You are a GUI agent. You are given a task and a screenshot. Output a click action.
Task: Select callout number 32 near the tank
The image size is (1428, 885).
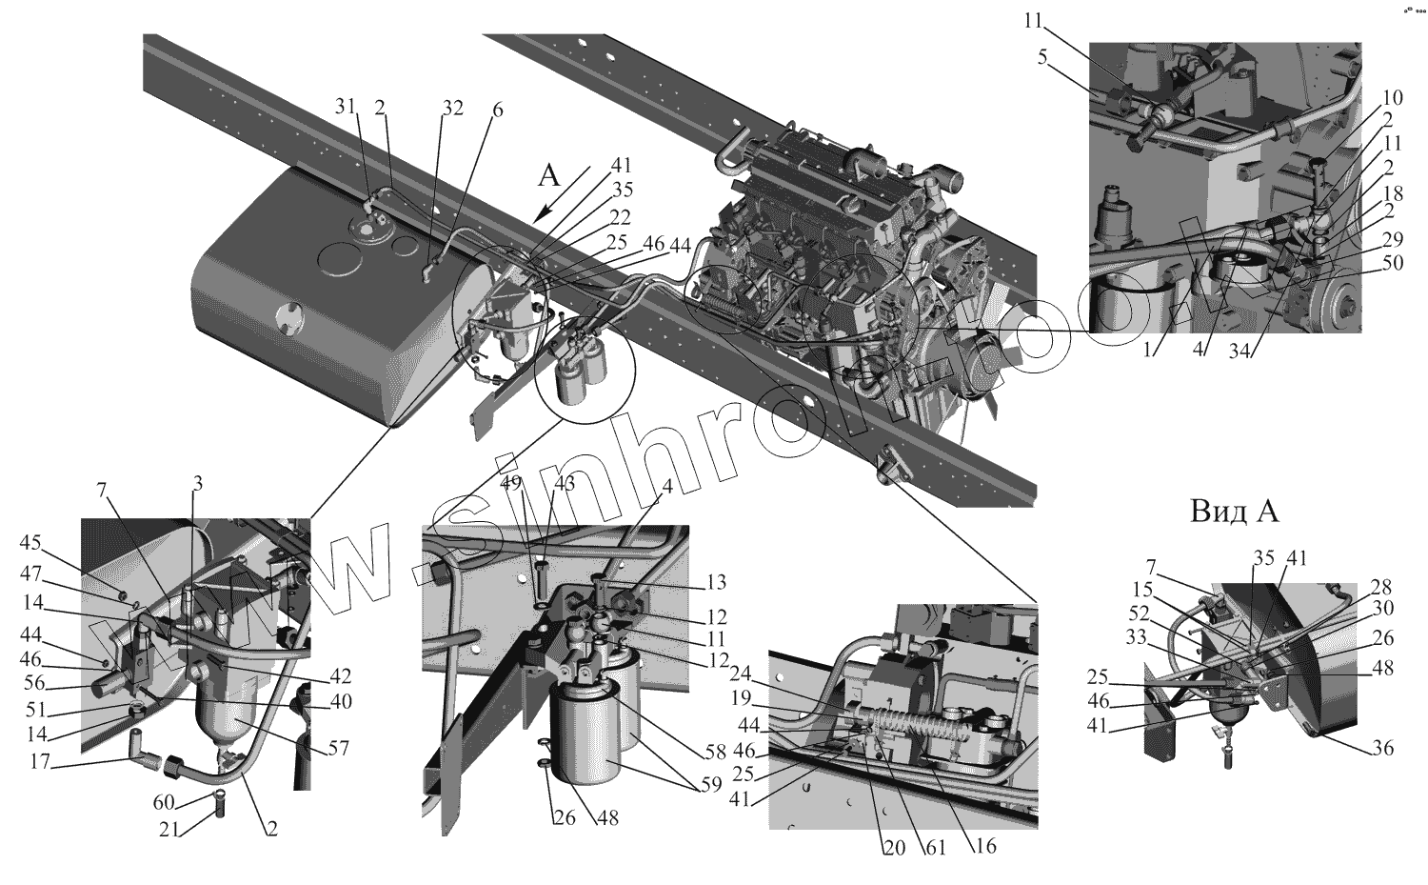click(x=451, y=107)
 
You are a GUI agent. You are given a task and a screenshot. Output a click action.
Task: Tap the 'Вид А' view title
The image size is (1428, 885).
click(x=1234, y=512)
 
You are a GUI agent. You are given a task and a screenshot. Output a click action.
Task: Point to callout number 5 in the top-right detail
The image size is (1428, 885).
click(x=1043, y=57)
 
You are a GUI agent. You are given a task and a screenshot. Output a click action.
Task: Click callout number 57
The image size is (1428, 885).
click(x=339, y=750)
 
